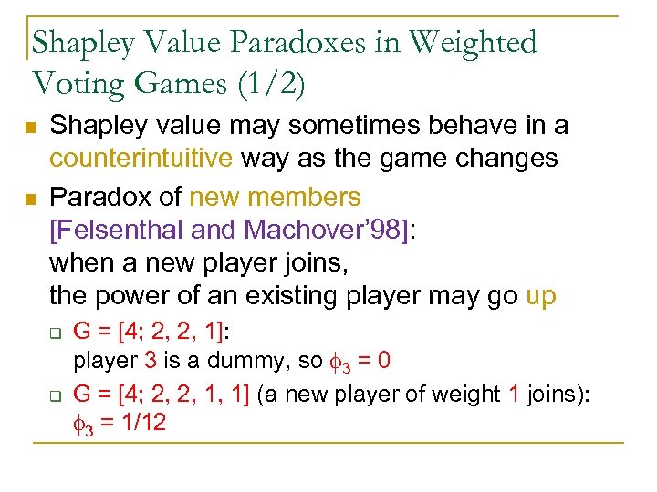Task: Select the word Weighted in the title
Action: (x=474, y=43)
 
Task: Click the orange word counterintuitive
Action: (x=141, y=158)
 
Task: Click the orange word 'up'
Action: (x=541, y=296)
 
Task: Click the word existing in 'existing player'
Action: (x=297, y=296)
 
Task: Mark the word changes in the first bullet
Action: (x=511, y=158)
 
